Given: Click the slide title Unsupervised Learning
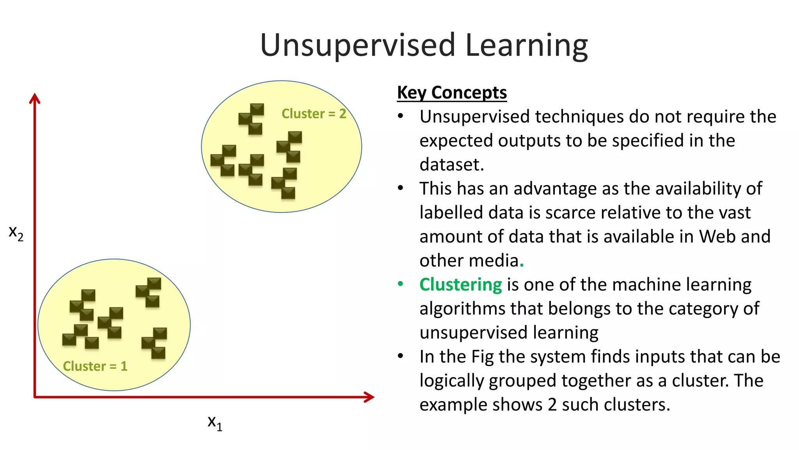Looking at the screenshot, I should click(x=424, y=45).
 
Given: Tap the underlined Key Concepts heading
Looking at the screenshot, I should click(x=452, y=93).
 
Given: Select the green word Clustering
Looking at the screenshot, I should click(x=460, y=284).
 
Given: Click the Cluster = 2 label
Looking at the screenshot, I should click(x=314, y=114).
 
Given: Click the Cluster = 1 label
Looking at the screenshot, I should click(x=95, y=366).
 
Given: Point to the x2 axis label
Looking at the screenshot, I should click(x=16, y=233).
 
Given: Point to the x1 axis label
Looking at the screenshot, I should click(x=215, y=423).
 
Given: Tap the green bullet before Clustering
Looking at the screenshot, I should click(x=400, y=284).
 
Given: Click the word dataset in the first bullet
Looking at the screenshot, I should click(x=451, y=164).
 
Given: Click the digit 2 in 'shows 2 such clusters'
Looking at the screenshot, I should click(x=552, y=405).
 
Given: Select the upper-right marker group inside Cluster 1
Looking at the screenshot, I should click(x=149, y=292).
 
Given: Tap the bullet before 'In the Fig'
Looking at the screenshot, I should click(x=400, y=356).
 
